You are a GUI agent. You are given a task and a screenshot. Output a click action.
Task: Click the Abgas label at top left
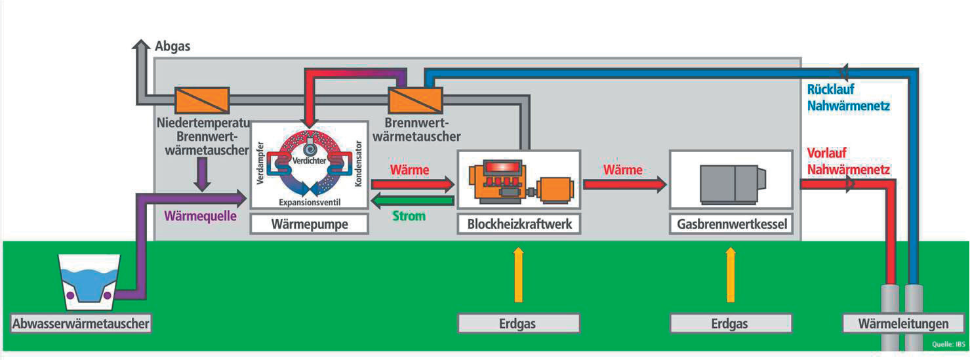pyautogui.click(x=172, y=47)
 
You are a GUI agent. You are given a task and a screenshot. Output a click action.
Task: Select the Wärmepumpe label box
pyautogui.click(x=309, y=224)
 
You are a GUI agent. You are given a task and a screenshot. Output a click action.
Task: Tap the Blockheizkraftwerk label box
pyautogui.click(x=519, y=224)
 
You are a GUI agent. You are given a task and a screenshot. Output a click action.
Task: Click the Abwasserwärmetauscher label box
pyautogui.click(x=81, y=323)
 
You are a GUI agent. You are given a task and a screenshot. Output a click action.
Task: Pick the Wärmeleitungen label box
pyautogui.click(x=904, y=323)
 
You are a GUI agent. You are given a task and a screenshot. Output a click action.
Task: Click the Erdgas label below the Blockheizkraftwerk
pyautogui.click(x=519, y=323)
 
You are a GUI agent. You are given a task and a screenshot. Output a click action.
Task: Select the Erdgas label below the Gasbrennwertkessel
pyautogui.click(x=731, y=323)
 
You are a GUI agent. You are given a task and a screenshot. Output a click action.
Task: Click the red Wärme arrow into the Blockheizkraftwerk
pyautogui.click(x=413, y=185)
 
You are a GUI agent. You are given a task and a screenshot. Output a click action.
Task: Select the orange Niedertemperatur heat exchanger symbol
pyautogui.click(x=201, y=100)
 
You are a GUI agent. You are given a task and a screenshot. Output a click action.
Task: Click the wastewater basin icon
pyautogui.click(x=88, y=282)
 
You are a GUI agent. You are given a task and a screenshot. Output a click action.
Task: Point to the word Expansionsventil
pyautogui.click(x=309, y=201)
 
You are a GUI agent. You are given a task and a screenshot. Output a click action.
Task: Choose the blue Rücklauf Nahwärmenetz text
pyautogui.click(x=847, y=96)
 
